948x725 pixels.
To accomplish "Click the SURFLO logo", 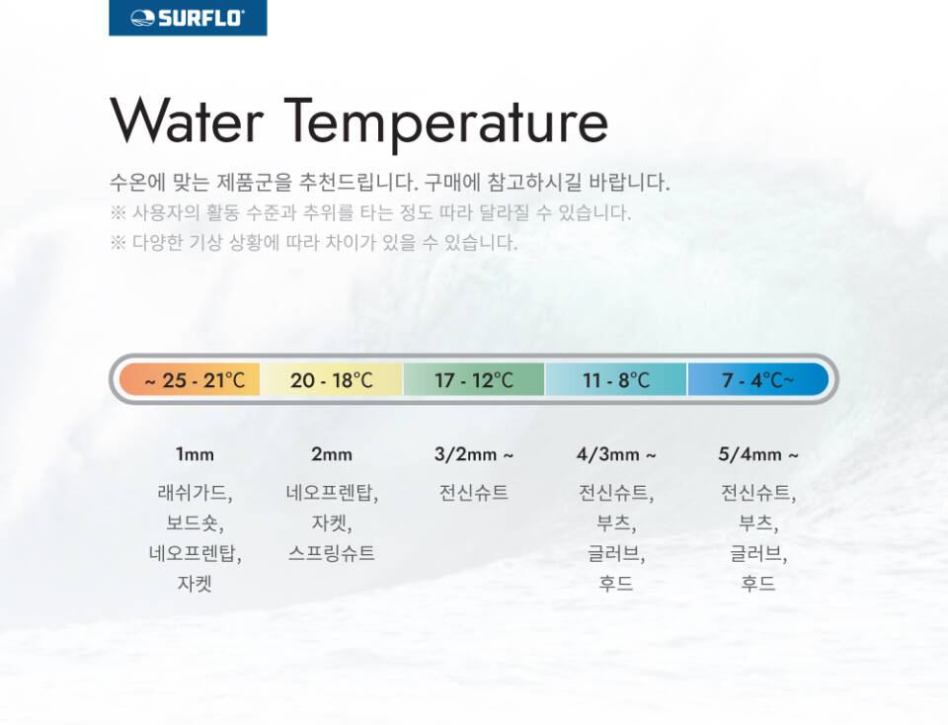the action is tap(188, 18).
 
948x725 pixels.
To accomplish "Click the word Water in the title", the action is tap(187, 121).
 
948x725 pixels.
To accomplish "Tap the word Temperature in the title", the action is tap(445, 123).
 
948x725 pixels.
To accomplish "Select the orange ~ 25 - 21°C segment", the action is tap(190, 379).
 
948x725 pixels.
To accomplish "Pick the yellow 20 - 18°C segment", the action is tap(332, 379).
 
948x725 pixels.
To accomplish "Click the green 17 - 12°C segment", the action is tap(474, 379).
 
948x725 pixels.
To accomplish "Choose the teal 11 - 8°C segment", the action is tap(616, 379).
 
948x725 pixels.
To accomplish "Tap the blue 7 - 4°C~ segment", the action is tap(758, 379).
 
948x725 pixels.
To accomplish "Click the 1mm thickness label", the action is tap(195, 454).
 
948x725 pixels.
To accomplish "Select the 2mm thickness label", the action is tap(332, 454).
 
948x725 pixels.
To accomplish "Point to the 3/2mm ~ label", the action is tap(474, 454).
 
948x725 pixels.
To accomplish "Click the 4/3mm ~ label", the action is tap(616, 454).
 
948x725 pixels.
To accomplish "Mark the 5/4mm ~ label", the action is tap(758, 454).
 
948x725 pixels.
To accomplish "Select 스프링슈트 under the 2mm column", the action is tap(332, 553).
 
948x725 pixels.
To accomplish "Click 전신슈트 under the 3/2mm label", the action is tap(473, 492).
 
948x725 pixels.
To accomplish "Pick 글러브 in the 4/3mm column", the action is tap(614, 553).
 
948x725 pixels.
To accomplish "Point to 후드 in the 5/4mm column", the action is tap(758, 583).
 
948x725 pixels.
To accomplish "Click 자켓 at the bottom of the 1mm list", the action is tap(195, 583).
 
